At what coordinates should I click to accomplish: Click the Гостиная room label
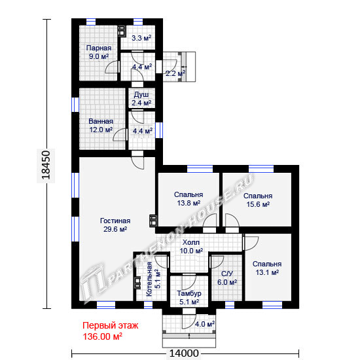click(115, 225)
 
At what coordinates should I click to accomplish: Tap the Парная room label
click(99, 52)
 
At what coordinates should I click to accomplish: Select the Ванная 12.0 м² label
click(101, 126)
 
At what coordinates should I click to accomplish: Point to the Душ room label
click(141, 99)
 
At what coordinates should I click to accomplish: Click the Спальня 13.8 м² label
click(189, 199)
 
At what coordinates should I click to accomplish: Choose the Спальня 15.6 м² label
click(258, 200)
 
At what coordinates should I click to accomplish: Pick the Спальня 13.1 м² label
click(267, 268)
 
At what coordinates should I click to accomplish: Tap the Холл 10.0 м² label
click(191, 247)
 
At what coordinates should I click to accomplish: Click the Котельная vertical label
click(149, 279)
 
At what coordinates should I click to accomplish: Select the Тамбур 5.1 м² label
click(189, 298)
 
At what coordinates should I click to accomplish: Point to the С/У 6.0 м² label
click(227, 278)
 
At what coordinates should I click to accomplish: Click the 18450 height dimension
click(46, 164)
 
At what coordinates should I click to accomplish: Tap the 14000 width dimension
click(184, 353)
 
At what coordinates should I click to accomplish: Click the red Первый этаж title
click(111, 325)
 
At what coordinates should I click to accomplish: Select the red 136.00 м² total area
click(102, 337)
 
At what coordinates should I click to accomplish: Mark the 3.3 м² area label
click(141, 38)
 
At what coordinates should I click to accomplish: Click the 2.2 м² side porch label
click(175, 73)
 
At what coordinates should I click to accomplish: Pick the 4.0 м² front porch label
click(205, 324)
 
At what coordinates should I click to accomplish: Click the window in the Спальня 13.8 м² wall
click(200, 169)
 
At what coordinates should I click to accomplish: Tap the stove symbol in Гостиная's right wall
click(153, 220)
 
